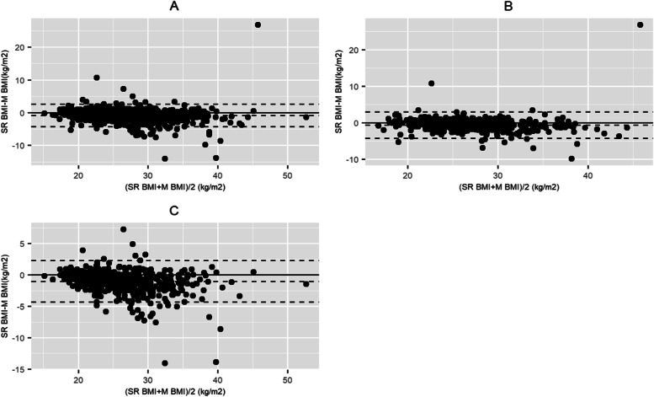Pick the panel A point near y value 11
tap(97, 78)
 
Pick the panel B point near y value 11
tap(432, 83)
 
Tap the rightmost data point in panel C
tap(306, 284)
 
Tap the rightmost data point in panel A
tap(306, 117)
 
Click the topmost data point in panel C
tap(124, 228)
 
